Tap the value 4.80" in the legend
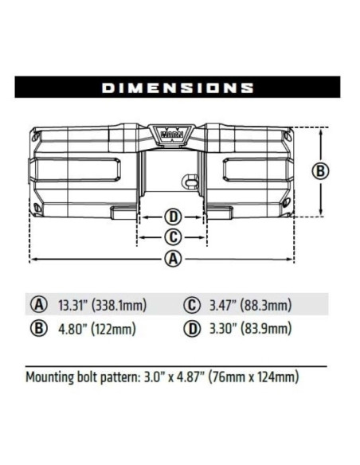(72, 328)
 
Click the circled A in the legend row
(38, 305)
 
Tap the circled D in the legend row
(192, 328)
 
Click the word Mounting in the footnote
(53, 376)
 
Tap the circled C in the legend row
(192, 305)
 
